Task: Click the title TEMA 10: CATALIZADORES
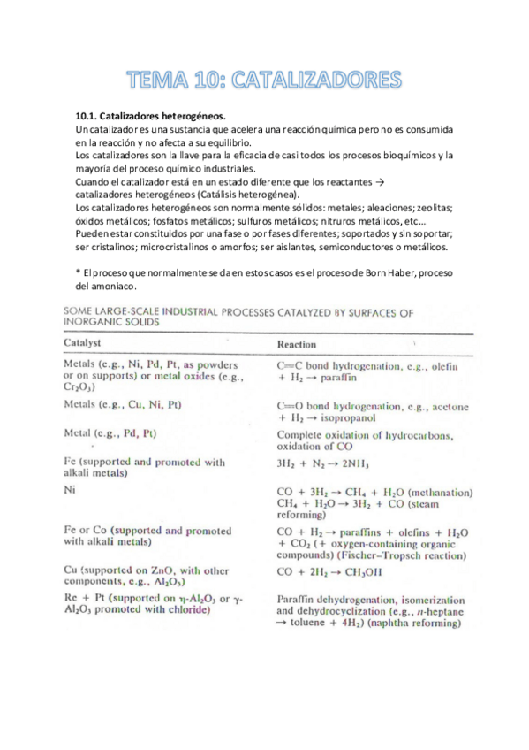pyautogui.click(x=264, y=81)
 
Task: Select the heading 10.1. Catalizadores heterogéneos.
pyautogui.click(x=151, y=116)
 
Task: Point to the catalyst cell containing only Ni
pyautogui.click(x=71, y=488)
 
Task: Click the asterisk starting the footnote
pyautogui.click(x=79, y=272)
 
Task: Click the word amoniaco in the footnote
pyautogui.click(x=113, y=287)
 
